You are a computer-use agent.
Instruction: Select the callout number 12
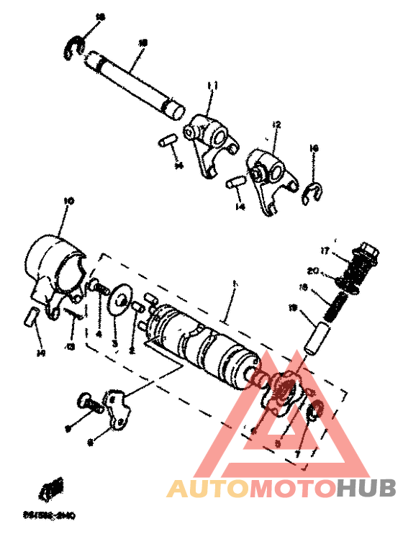click(277, 125)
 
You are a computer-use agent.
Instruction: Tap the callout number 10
click(69, 201)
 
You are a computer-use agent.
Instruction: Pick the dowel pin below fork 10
click(32, 317)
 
